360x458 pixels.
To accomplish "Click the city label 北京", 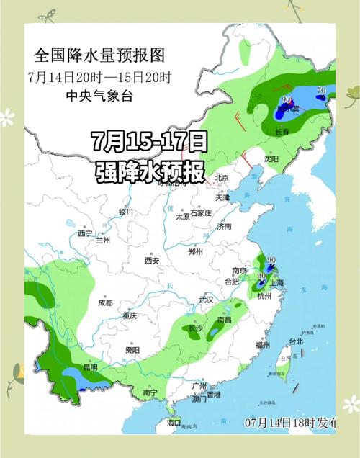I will click(x=222, y=178).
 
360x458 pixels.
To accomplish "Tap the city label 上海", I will click(x=276, y=283).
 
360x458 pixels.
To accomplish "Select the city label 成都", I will click(x=106, y=303).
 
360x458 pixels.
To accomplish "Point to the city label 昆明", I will click(x=90, y=367).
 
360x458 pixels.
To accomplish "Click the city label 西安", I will click(x=151, y=260).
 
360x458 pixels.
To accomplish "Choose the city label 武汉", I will click(x=207, y=299).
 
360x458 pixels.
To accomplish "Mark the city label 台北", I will click(x=296, y=341).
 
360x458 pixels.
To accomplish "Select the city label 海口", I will click(x=174, y=422).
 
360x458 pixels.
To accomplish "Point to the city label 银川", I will click(x=126, y=212).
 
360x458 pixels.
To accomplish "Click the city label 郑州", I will click(x=196, y=252).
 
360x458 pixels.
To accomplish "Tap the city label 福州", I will click(x=262, y=346).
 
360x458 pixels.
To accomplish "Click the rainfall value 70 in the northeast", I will click(x=321, y=91).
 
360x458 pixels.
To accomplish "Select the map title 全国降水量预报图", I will click(x=99, y=55).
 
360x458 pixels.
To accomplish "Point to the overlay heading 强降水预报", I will click(x=150, y=171).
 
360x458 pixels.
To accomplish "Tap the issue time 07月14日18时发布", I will click(x=290, y=421).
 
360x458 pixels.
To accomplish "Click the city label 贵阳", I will click(x=132, y=349).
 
